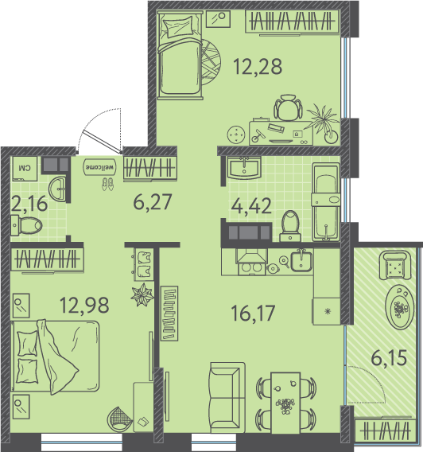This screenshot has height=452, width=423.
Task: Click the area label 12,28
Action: [258, 67]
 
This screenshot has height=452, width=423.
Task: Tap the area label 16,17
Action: [253, 313]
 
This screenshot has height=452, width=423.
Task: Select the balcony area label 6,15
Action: [389, 358]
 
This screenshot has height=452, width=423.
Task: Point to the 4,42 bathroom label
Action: [251, 206]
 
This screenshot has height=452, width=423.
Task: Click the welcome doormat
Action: [99, 167]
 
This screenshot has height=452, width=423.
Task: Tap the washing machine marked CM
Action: [24, 169]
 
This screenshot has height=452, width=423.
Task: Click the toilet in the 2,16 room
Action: [26, 225]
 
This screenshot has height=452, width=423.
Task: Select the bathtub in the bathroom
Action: [326, 202]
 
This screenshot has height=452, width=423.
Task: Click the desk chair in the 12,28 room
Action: [288, 107]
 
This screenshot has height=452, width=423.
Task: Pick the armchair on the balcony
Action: [395, 265]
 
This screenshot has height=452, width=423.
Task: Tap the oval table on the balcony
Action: [399, 307]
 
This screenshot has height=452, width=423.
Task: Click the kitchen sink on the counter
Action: [301, 261]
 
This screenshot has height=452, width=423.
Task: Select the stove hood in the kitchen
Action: [252, 256]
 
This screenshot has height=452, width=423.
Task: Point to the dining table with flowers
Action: [285, 403]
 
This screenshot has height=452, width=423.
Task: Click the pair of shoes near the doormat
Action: [107, 184]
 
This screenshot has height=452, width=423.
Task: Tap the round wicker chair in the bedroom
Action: [119, 419]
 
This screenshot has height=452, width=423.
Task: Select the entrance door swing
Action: [100, 131]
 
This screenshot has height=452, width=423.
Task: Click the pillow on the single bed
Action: [177, 26]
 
